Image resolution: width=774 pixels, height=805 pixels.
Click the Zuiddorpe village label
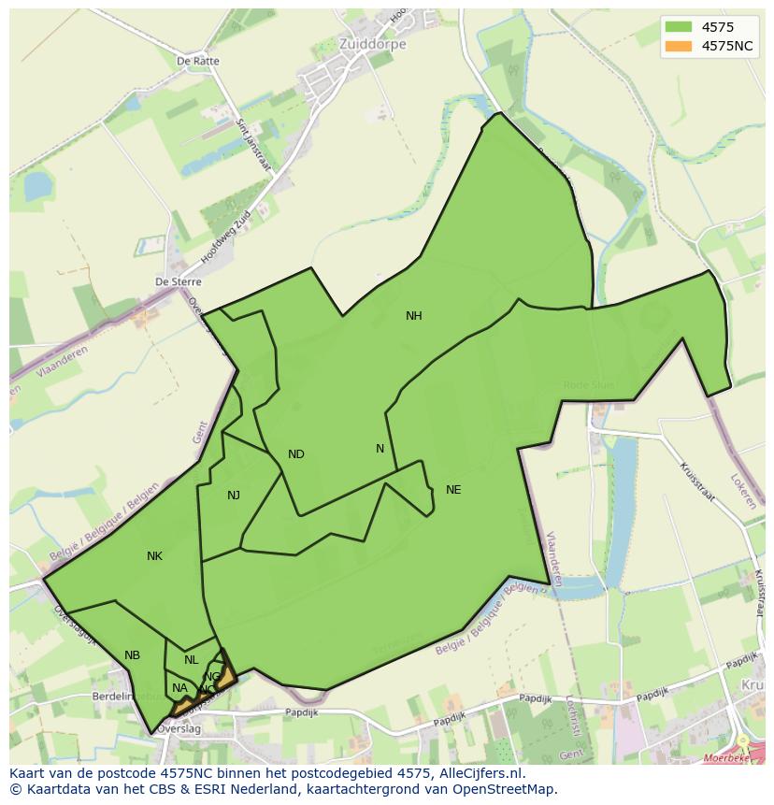[x=346, y=44]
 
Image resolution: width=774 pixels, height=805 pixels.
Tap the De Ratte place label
[x=198, y=62]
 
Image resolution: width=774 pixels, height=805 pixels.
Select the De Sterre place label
[x=178, y=281]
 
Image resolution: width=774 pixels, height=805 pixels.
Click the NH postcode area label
[x=413, y=316]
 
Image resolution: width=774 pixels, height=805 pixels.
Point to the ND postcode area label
[x=295, y=454]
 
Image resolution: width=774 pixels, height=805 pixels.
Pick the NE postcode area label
[x=453, y=490]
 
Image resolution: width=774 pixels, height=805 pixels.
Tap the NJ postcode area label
[x=234, y=496]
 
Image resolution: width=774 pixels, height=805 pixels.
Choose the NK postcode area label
[x=154, y=556]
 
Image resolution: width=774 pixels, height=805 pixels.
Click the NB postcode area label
[x=132, y=655]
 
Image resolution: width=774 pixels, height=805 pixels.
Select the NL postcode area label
[x=191, y=660]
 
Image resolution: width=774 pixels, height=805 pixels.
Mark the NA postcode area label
[x=179, y=688]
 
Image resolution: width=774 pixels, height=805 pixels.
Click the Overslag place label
[x=180, y=728]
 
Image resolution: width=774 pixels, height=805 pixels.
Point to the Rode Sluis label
[x=589, y=385]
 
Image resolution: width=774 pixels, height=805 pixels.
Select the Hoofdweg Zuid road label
[x=227, y=235]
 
